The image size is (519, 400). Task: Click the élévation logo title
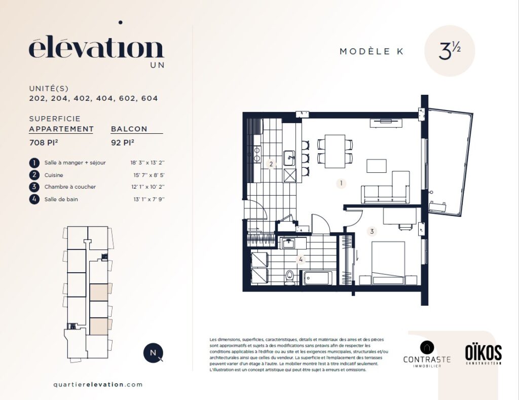(96, 49)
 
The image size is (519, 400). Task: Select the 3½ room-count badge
(450, 51)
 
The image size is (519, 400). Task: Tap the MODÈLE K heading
(372, 51)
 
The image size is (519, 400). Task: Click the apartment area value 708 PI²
(44, 143)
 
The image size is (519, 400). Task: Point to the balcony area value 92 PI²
(123, 143)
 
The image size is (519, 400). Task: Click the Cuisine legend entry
(54, 175)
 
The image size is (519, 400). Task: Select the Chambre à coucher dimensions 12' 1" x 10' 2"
(147, 187)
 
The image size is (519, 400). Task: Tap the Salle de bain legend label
(61, 199)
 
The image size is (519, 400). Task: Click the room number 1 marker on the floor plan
(341, 183)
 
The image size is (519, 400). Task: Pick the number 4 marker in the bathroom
(301, 260)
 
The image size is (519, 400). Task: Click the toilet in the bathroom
(290, 277)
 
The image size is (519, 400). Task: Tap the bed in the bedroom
(388, 263)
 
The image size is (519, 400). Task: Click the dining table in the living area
(335, 151)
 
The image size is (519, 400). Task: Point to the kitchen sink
(289, 158)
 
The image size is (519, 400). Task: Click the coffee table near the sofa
(377, 166)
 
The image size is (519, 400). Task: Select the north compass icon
(153, 353)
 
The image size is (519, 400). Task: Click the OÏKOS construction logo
(483, 354)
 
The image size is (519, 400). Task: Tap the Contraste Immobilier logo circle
(427, 348)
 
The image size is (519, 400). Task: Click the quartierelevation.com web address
(98, 385)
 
